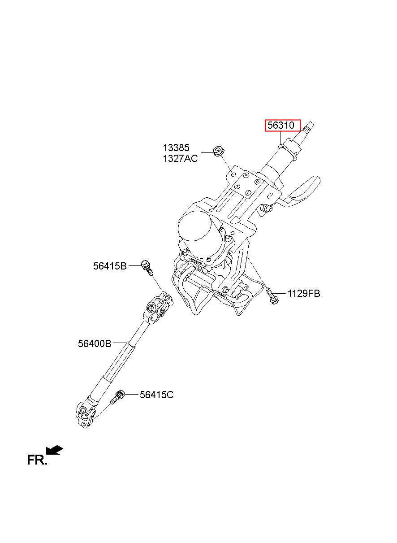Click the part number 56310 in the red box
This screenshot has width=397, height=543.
tap(281, 126)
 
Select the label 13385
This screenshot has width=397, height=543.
tap(176, 148)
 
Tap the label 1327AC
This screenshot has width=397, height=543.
tap(180, 159)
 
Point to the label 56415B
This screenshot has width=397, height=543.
tap(110, 266)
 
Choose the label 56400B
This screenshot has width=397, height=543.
tap(95, 343)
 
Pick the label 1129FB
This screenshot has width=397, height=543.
tap(304, 294)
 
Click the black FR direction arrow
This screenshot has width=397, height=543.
tap(55, 450)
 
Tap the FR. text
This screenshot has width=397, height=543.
tap(37, 460)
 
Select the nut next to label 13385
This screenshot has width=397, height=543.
tap(219, 151)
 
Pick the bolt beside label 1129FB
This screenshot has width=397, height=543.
tap(272, 295)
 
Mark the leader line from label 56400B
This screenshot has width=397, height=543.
tap(121, 343)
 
